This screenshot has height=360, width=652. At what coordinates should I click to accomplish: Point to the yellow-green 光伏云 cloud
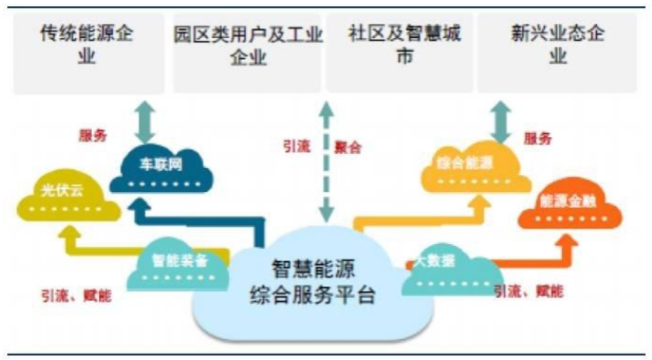tap(66, 198)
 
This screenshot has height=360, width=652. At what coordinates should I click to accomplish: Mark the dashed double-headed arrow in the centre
tap(326, 159)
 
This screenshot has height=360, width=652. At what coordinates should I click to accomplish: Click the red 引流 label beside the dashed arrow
tap(296, 148)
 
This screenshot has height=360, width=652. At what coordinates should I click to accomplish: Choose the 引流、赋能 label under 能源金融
tap(529, 291)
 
